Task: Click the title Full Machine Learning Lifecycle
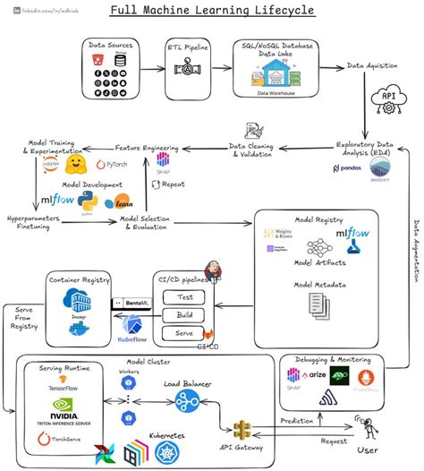click(211, 12)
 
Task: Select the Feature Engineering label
click(148, 147)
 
